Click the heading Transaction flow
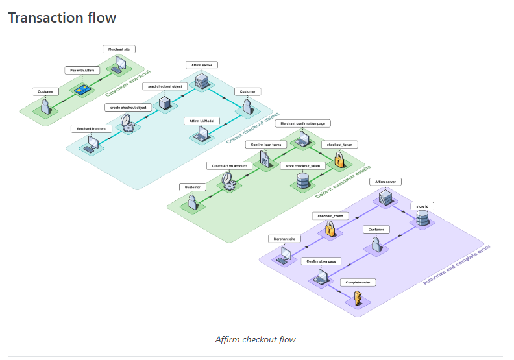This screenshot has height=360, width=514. [x=62, y=18]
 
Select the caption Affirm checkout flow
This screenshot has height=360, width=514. [x=256, y=339]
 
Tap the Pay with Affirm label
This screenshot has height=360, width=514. [x=82, y=70]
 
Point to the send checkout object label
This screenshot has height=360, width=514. [x=164, y=86]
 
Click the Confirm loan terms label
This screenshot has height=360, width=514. [x=266, y=144]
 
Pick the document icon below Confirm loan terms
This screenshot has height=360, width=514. [x=265, y=159]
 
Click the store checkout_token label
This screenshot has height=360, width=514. [x=303, y=165]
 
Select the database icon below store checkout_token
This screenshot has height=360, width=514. [x=302, y=182]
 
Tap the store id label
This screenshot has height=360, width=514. [x=422, y=206]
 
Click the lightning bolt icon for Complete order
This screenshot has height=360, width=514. [x=357, y=298]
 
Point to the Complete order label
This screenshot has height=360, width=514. [x=358, y=283]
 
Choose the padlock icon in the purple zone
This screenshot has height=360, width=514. [x=330, y=228]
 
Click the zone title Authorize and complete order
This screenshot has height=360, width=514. [x=456, y=265]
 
